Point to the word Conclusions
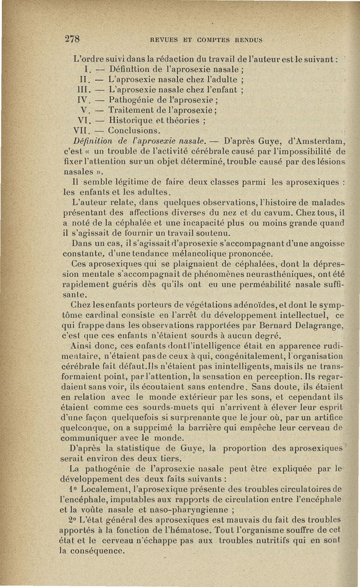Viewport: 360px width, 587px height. pyautogui.click(x=134, y=131)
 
